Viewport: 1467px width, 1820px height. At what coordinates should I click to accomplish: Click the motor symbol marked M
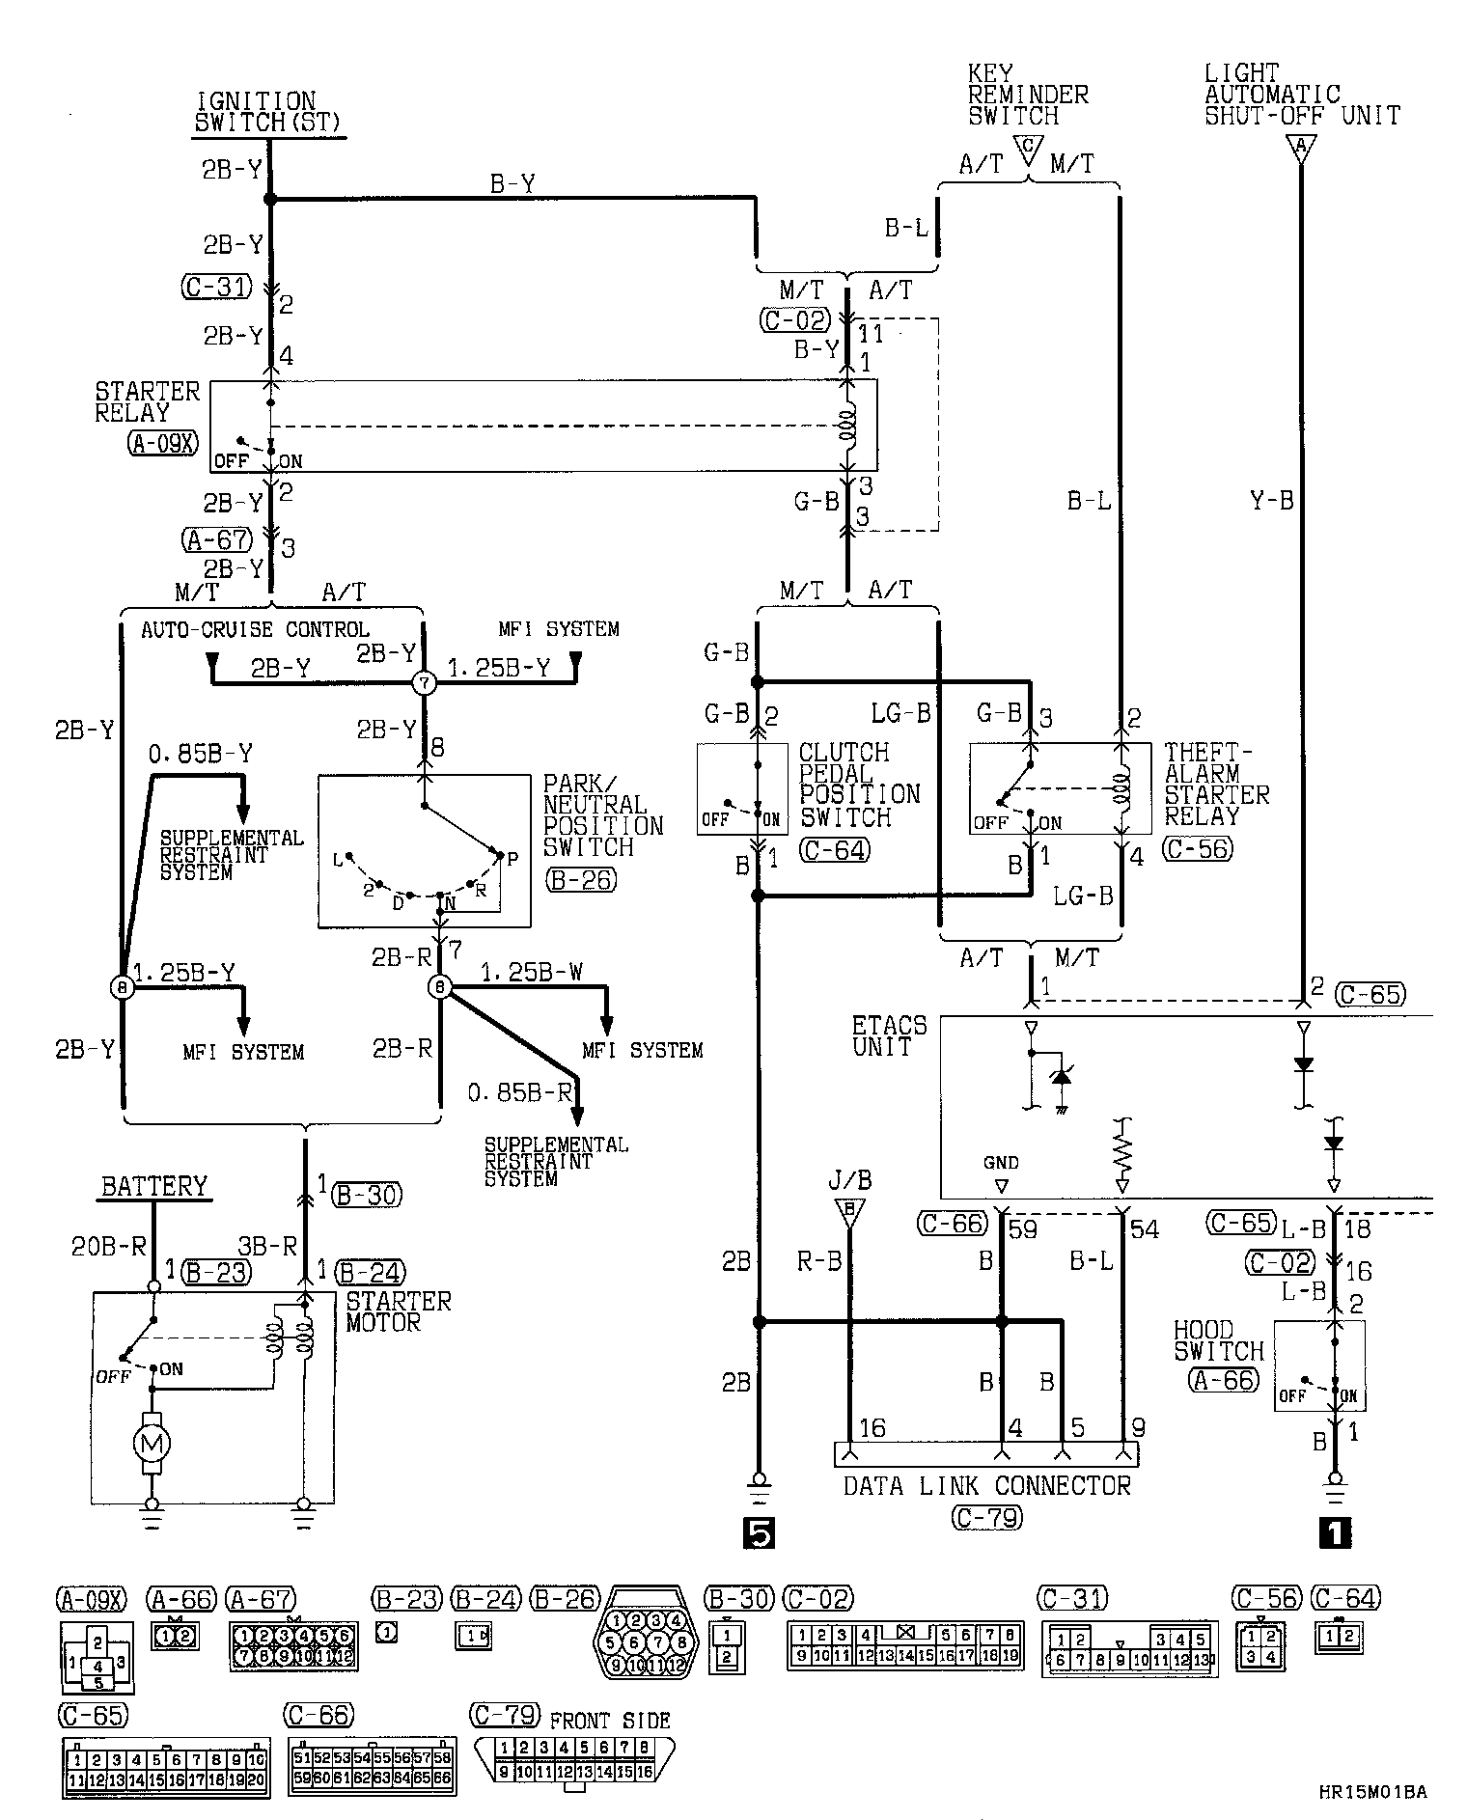coord(152,1444)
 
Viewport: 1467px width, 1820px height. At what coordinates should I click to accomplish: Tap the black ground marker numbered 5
coord(759,1533)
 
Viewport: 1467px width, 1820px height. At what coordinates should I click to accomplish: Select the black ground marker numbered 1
coord(1335,1533)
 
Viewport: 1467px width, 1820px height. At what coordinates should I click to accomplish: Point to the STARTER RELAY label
coord(147,402)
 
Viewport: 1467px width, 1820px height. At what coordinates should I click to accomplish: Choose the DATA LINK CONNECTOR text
coord(986,1484)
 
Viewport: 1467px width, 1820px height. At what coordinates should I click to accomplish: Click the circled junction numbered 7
coord(425,683)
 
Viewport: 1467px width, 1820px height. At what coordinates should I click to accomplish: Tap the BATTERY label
coord(154,1186)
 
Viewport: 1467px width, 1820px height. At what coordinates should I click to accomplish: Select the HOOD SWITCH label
coord(1218,1340)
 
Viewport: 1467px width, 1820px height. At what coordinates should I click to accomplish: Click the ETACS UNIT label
coord(889,1035)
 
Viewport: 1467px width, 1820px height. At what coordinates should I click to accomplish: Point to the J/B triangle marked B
coord(849,1211)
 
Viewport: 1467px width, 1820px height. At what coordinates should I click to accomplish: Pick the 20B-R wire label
coord(108,1247)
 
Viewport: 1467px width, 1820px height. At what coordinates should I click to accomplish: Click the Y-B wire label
coord(1271,501)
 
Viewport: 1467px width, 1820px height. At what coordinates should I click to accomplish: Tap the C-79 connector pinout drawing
coord(573,1763)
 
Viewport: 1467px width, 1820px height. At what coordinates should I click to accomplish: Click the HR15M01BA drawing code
coord(1371,1793)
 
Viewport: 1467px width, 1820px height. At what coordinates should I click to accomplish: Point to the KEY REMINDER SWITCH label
coord(1028,95)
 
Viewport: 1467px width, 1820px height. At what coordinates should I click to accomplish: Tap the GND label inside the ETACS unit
coord(1001,1163)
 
